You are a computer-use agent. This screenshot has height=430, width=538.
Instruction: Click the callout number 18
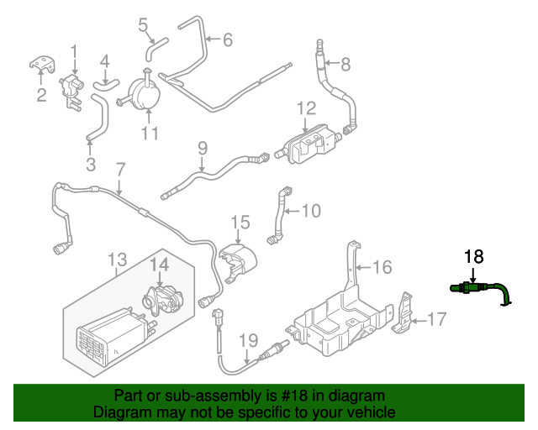pos(474,258)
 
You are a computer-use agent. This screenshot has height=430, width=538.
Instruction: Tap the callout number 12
pos(306,108)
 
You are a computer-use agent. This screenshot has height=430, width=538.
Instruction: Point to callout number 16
pos(382,267)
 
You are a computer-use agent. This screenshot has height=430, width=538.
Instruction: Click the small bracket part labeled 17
pos(405,308)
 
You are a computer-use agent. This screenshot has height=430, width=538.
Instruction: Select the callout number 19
pos(247,340)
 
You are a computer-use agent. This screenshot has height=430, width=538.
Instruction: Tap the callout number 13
pos(117,259)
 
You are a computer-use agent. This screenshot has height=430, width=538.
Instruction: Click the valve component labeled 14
pos(161,296)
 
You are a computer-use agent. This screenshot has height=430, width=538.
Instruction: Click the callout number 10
pos(310,210)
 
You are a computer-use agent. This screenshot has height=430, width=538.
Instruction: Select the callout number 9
pos(202,149)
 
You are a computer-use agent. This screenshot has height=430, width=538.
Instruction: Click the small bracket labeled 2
pos(40,64)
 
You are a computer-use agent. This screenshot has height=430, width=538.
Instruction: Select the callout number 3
pos(91,162)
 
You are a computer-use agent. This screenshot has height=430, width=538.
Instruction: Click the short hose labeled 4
pos(105,81)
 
